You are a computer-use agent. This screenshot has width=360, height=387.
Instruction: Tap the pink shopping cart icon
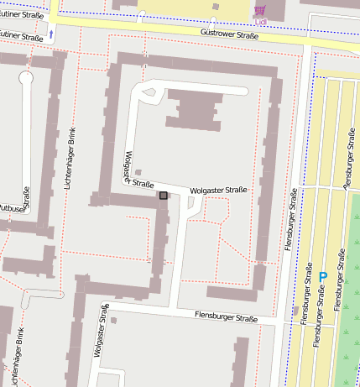[260, 10]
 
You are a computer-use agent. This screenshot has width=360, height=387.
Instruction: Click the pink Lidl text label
[260, 21]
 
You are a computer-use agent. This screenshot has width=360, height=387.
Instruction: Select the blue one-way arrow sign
[52, 34]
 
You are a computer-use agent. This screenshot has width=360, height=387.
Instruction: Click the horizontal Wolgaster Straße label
[219, 191]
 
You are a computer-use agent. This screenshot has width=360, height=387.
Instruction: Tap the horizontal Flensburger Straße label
[226, 318]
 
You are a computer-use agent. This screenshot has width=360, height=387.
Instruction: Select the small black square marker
[163, 195]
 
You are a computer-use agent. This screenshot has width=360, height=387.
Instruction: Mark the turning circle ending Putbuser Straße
[25, 78]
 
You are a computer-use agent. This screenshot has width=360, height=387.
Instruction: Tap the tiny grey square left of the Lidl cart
[217, 7]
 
